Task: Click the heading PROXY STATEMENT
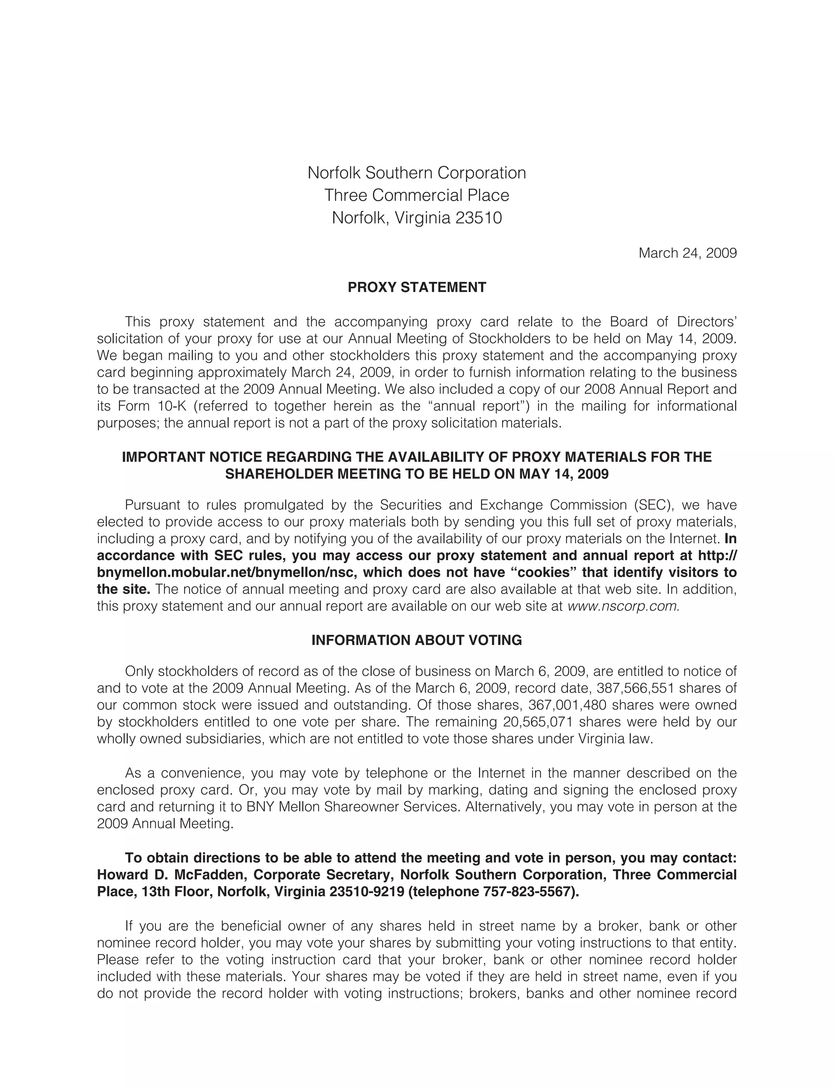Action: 417,288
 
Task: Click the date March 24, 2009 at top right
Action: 687,253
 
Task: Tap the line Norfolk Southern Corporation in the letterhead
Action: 417,173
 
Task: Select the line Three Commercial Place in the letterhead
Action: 417,195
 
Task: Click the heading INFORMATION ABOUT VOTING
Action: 417,640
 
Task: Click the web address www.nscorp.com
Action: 623,606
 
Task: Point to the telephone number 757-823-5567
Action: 529,892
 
